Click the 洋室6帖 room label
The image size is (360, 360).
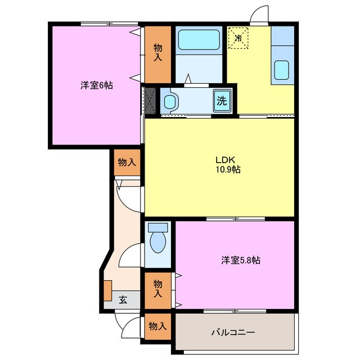96,85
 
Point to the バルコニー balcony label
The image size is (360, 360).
233,331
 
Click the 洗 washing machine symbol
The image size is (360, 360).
222,102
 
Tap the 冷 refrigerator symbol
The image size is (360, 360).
238,39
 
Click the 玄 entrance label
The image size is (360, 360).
123,300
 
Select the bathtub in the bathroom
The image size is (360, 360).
199,40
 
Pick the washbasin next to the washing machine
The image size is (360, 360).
170,102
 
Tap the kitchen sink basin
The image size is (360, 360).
282,71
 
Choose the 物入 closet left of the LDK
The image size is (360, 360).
127,163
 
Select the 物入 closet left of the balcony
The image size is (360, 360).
157,326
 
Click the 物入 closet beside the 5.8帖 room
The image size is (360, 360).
158,290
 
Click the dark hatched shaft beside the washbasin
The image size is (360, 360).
150,101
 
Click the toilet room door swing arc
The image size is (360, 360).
130,255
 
